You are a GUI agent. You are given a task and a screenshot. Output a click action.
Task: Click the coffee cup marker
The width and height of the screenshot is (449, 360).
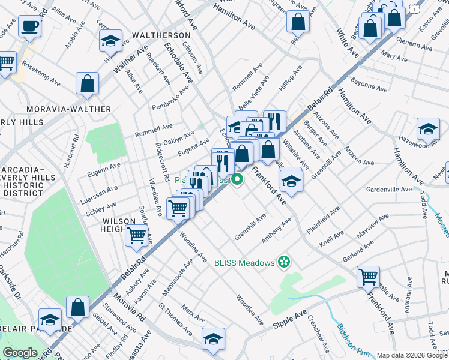29,26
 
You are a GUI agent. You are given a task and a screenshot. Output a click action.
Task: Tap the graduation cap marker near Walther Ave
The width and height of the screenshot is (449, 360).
110,41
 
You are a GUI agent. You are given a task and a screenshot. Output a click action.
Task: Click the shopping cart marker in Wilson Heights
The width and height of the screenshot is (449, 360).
137,235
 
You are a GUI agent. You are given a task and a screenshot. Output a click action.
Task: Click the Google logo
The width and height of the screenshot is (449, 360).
20,353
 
